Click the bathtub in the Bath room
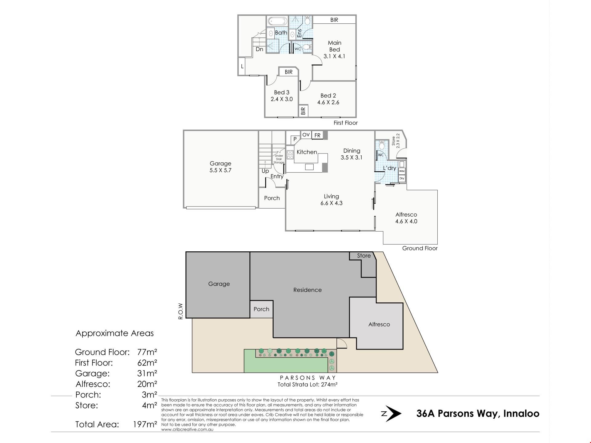click(x=277, y=21)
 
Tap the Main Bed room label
click(x=335, y=46)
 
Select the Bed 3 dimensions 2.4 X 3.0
click(x=282, y=99)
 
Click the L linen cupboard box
click(x=242, y=66)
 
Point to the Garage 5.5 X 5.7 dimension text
click(x=220, y=170)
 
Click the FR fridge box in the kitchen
click(x=317, y=135)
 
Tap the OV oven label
click(x=306, y=135)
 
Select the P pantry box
click(x=295, y=139)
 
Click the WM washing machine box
click(x=402, y=171)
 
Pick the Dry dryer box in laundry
click(x=402, y=178)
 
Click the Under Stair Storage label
click(x=279, y=159)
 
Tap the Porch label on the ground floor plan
click(x=272, y=198)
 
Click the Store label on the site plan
click(x=364, y=256)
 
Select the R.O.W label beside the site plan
click(x=181, y=311)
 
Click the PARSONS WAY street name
click(x=308, y=378)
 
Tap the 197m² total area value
click(x=145, y=425)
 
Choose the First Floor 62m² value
click(x=147, y=363)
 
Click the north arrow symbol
click(x=392, y=414)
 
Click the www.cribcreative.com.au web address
click(x=187, y=430)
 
